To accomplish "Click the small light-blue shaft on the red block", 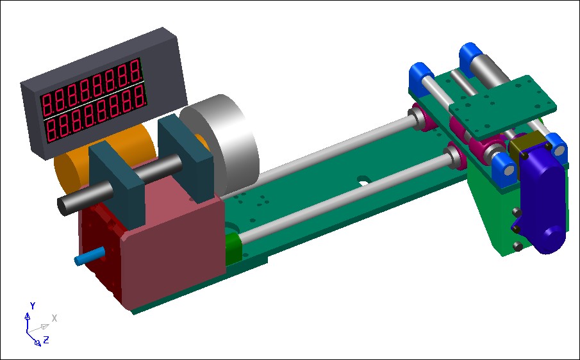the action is click(x=90, y=256).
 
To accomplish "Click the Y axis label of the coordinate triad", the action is click(x=33, y=306).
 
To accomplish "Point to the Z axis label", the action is click(x=46, y=340).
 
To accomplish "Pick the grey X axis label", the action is click(x=54, y=318).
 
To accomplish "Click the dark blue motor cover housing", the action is click(x=542, y=196).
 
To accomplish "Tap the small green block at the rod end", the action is click(x=233, y=249).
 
